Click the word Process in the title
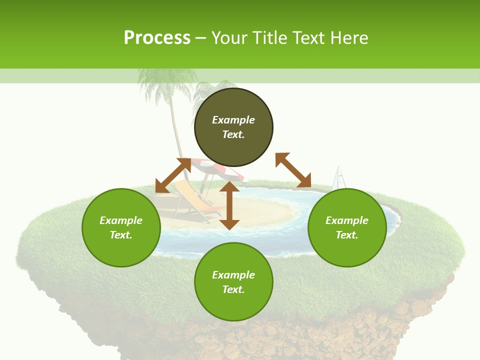[x=157, y=38]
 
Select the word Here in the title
[x=350, y=38]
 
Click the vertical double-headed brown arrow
[x=229, y=205]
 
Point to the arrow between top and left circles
[x=173, y=175]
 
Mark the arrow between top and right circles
[x=293, y=170]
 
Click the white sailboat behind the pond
[x=339, y=178]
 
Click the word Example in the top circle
[x=233, y=120]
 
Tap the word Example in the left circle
[x=121, y=220]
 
